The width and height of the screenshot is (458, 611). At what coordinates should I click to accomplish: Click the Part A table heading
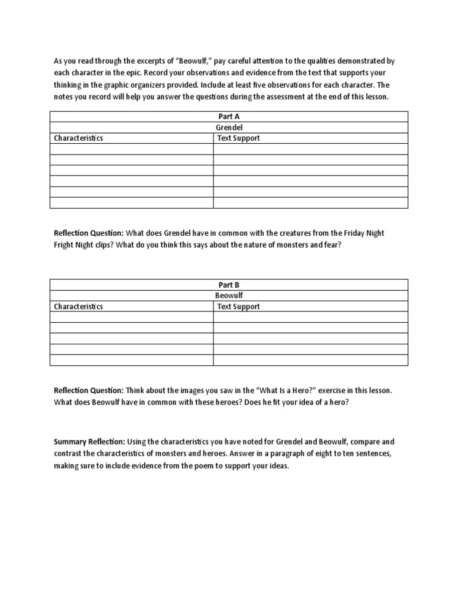coord(229,116)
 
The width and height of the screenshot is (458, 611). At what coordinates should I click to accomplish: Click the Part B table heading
coord(229,285)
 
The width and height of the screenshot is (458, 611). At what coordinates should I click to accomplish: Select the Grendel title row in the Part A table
coord(229,127)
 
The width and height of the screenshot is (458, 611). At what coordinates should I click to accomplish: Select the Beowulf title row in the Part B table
coord(229,295)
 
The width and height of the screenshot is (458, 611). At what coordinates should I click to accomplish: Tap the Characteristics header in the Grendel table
coord(79,138)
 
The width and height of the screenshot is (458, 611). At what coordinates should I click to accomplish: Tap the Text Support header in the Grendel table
coord(239,138)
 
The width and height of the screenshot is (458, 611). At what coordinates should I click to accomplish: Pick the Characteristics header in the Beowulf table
coord(79,306)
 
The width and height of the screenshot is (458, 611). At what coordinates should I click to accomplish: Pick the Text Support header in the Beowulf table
coord(239,306)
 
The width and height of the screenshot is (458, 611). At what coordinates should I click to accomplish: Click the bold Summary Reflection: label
coord(89,442)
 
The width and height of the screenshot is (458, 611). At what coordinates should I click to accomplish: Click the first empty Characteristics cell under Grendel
coord(131,149)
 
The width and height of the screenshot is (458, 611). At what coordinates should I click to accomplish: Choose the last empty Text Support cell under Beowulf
coord(310,360)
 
